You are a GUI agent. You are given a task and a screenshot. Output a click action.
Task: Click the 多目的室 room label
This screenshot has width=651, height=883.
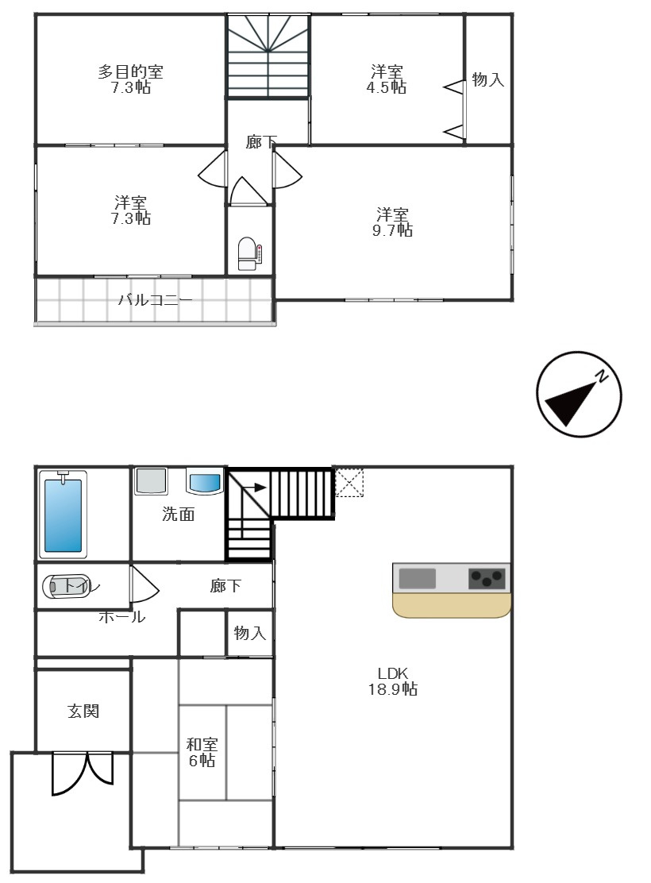click(131, 72)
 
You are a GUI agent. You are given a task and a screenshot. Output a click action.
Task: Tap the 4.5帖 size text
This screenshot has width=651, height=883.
click(387, 88)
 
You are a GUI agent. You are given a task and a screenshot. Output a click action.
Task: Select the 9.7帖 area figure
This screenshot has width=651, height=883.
click(394, 230)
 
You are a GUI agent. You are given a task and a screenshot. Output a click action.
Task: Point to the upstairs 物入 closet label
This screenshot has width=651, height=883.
click(488, 79)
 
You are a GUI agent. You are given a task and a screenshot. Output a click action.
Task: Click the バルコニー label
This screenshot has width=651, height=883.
click(155, 300)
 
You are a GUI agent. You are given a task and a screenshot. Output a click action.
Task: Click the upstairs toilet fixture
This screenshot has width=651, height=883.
click(248, 253)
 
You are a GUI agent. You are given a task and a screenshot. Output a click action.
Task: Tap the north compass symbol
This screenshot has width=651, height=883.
click(579, 395)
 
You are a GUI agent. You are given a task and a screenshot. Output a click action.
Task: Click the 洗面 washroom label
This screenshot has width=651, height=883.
click(179, 515)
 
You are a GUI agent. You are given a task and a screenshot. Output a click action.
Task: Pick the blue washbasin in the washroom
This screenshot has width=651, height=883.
click(205, 482)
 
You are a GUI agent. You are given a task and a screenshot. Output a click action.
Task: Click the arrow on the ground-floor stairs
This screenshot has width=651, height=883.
click(255, 488)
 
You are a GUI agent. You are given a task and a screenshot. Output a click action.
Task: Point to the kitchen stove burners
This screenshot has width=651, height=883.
click(487, 578)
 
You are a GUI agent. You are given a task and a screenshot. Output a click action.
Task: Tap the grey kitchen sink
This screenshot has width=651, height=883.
click(417, 578)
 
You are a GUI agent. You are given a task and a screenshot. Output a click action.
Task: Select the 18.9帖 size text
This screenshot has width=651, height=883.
click(392, 690)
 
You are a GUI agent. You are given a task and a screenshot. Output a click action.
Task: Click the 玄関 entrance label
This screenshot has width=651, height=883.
click(83, 711)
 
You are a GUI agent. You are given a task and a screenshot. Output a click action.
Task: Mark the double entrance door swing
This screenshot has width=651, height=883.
click(83, 773)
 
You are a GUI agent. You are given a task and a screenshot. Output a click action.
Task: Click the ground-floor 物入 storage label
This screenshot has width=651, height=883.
click(250, 633)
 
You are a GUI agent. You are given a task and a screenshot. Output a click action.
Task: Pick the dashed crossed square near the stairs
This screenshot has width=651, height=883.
click(349, 483)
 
